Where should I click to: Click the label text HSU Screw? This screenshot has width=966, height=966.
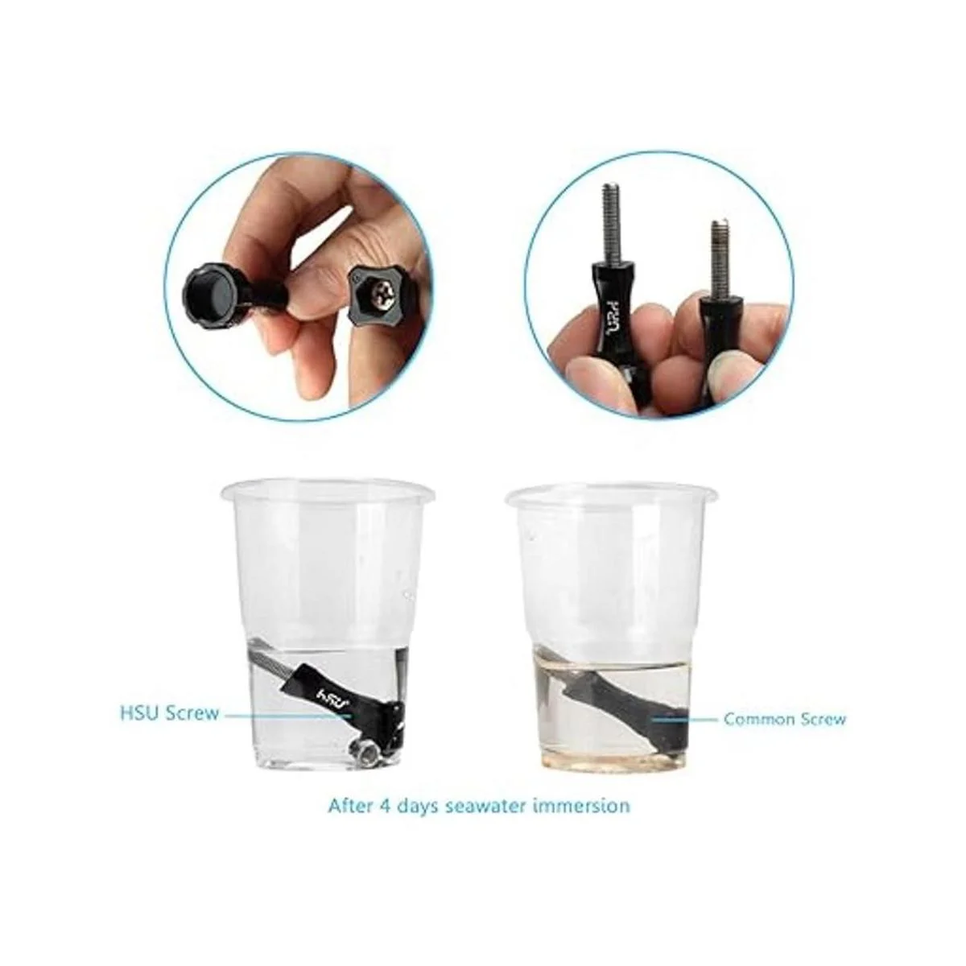coord(169,712)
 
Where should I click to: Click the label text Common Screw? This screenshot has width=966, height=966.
coord(785,720)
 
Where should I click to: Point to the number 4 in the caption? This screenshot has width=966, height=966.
coord(382,806)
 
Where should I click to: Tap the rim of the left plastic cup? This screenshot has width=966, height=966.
coord(325,481)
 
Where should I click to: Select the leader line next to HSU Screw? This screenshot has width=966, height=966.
coord(287,716)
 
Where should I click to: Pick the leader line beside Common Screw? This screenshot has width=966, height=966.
coord(683,720)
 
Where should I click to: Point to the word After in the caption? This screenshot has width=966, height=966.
coord(349,806)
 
